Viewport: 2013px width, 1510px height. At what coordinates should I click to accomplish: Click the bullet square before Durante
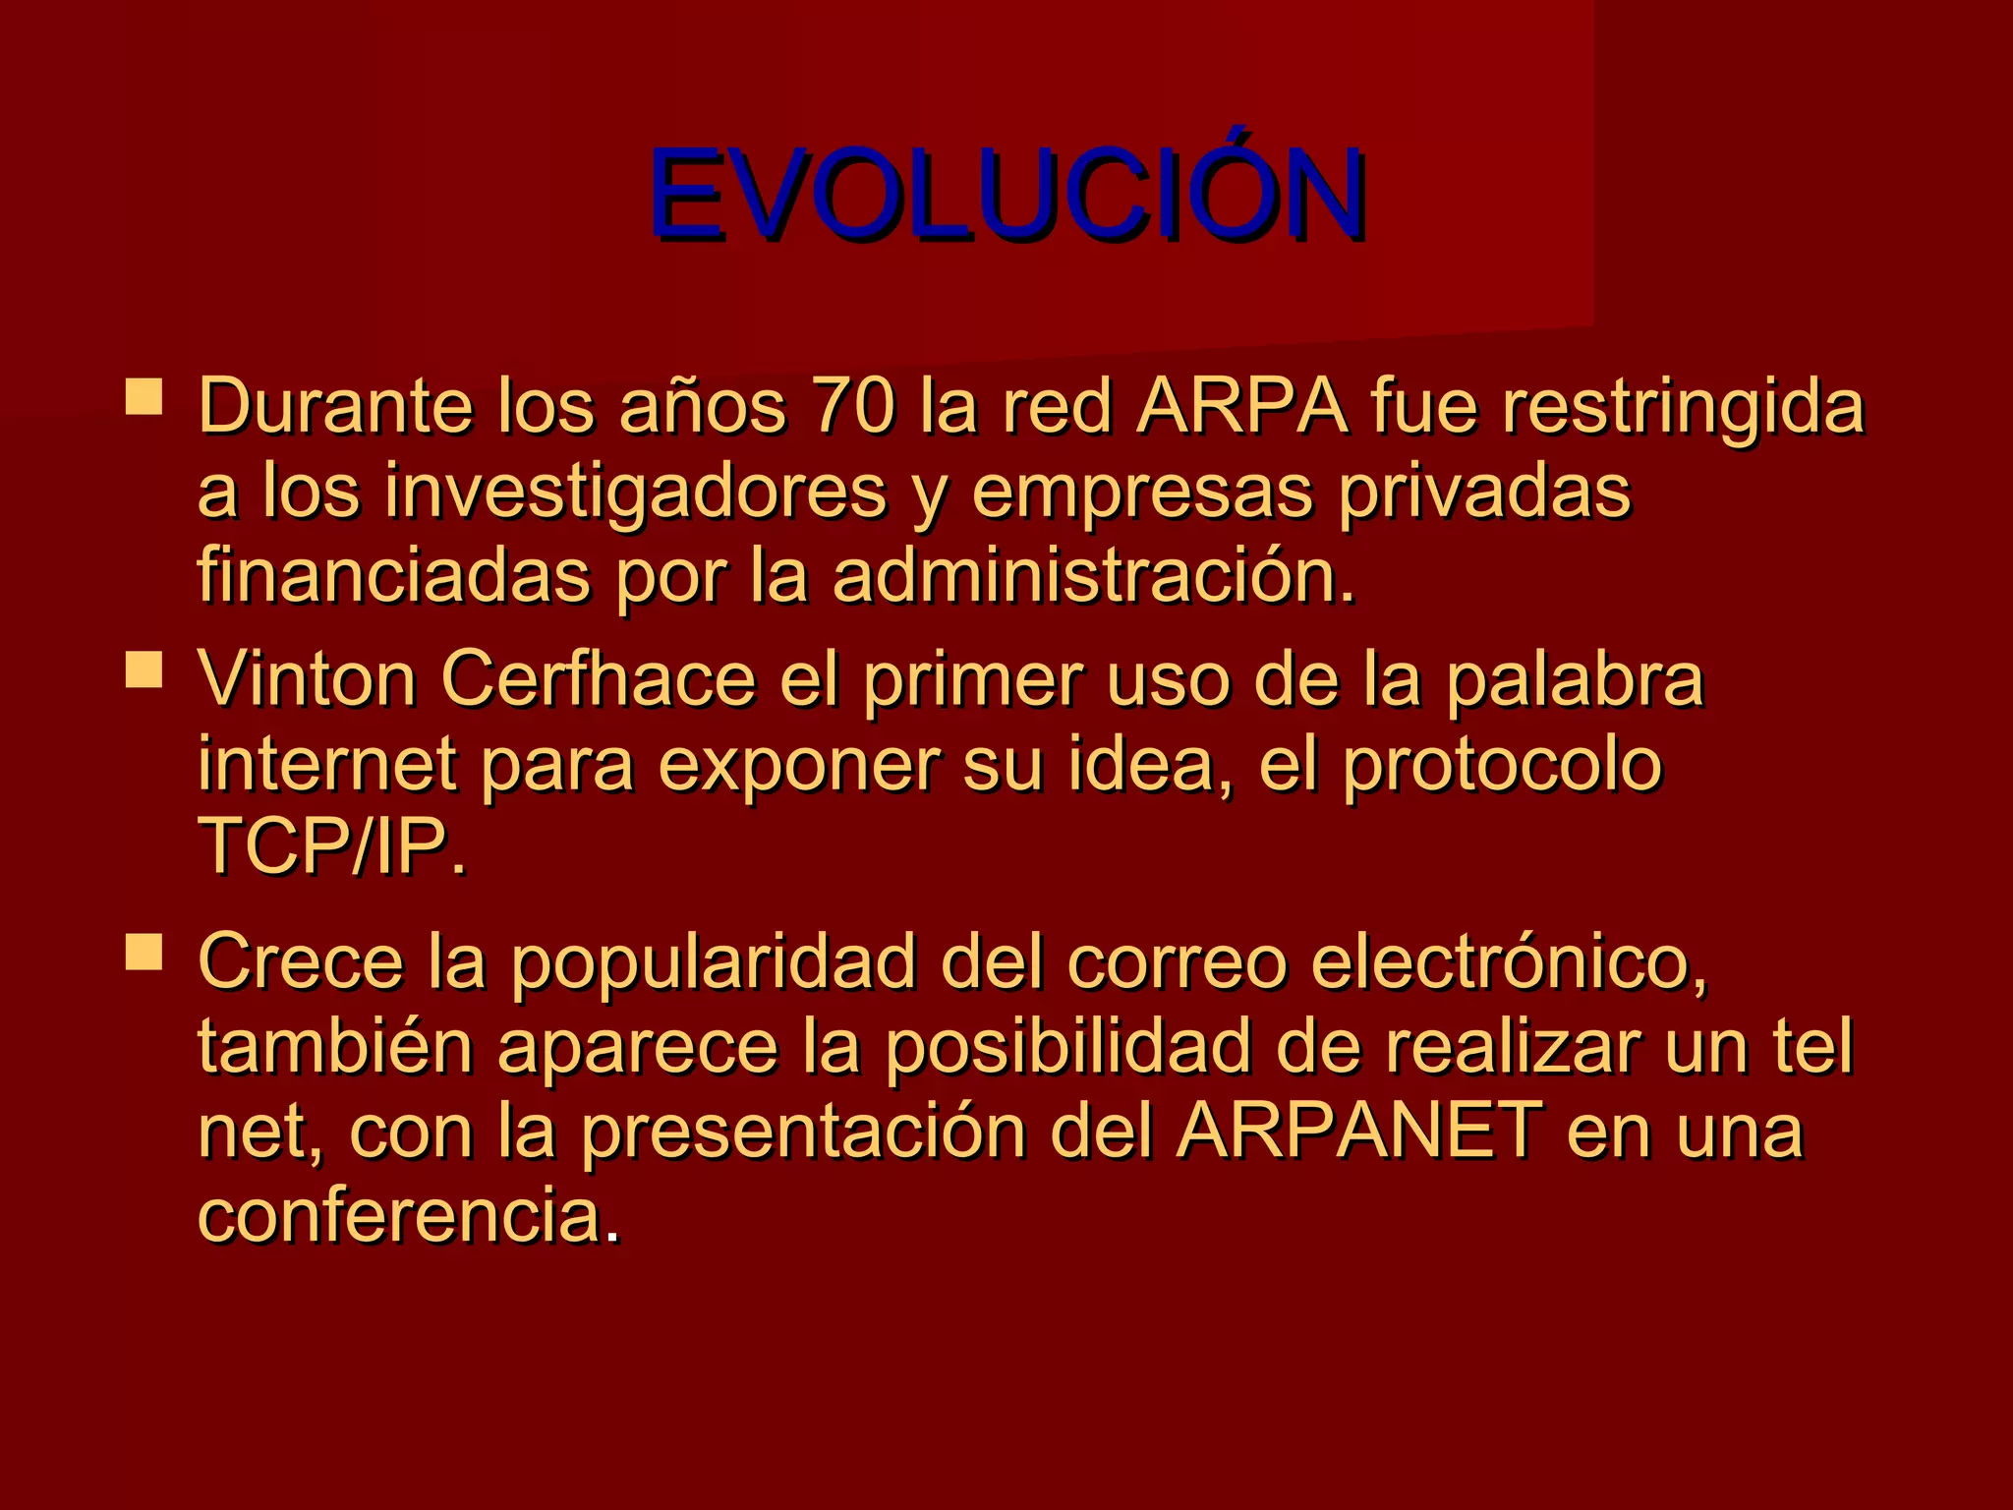tap(144, 397)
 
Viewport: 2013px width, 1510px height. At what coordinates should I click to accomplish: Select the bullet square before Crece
tap(144, 952)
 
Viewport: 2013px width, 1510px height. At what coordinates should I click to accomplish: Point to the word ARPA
tap(1241, 406)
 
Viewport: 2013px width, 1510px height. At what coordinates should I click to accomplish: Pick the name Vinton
tap(308, 679)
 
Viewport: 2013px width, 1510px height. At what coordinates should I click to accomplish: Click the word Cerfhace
tap(598, 679)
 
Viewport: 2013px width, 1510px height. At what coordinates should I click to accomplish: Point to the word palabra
tap(1575, 681)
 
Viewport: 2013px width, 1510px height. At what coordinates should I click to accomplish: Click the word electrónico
tap(1387, 961)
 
